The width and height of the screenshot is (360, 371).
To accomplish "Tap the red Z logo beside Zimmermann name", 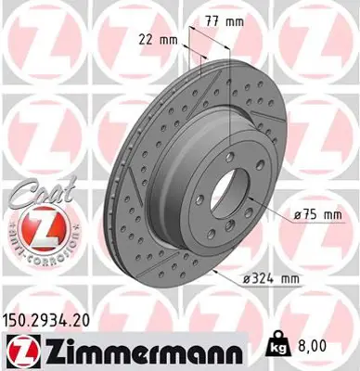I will coord(19,350).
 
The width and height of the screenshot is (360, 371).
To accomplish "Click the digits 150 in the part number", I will coord(19,318).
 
